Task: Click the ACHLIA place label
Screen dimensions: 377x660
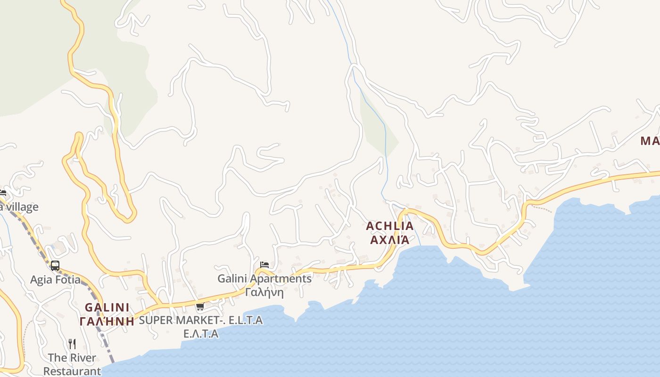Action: point(389,226)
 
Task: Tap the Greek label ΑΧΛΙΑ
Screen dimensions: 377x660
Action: point(389,240)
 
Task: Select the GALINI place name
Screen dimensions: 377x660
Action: point(107,308)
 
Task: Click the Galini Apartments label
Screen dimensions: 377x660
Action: point(264,279)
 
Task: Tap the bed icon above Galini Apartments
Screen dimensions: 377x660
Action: point(264,265)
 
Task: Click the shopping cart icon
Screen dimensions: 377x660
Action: point(200,307)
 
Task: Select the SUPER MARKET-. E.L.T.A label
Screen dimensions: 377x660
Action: point(201,320)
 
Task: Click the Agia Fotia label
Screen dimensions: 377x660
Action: point(55,279)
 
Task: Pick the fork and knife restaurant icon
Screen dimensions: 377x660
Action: point(72,344)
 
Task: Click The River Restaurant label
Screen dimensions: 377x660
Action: point(72,364)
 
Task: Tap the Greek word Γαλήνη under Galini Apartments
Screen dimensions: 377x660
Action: point(264,292)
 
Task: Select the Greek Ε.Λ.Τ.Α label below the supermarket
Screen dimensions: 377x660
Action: point(201,334)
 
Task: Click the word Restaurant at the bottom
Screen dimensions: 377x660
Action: point(72,371)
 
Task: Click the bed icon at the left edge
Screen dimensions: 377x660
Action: point(2,193)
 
